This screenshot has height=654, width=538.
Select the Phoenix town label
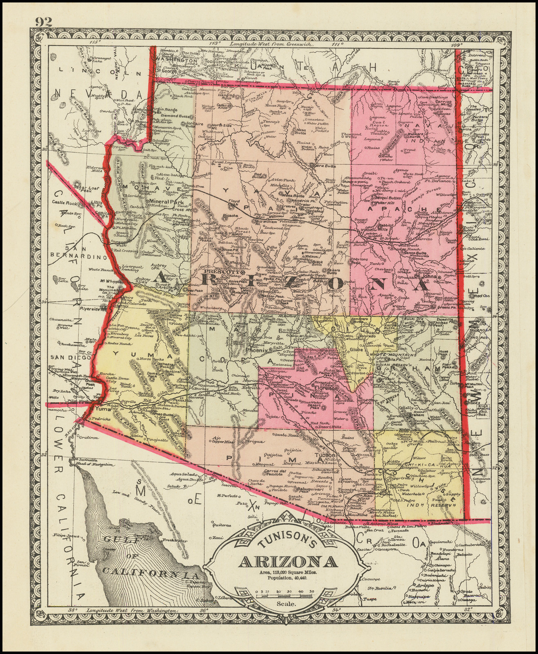(256, 350)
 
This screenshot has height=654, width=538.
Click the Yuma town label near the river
(101, 408)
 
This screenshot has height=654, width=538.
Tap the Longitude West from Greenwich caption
(272, 43)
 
